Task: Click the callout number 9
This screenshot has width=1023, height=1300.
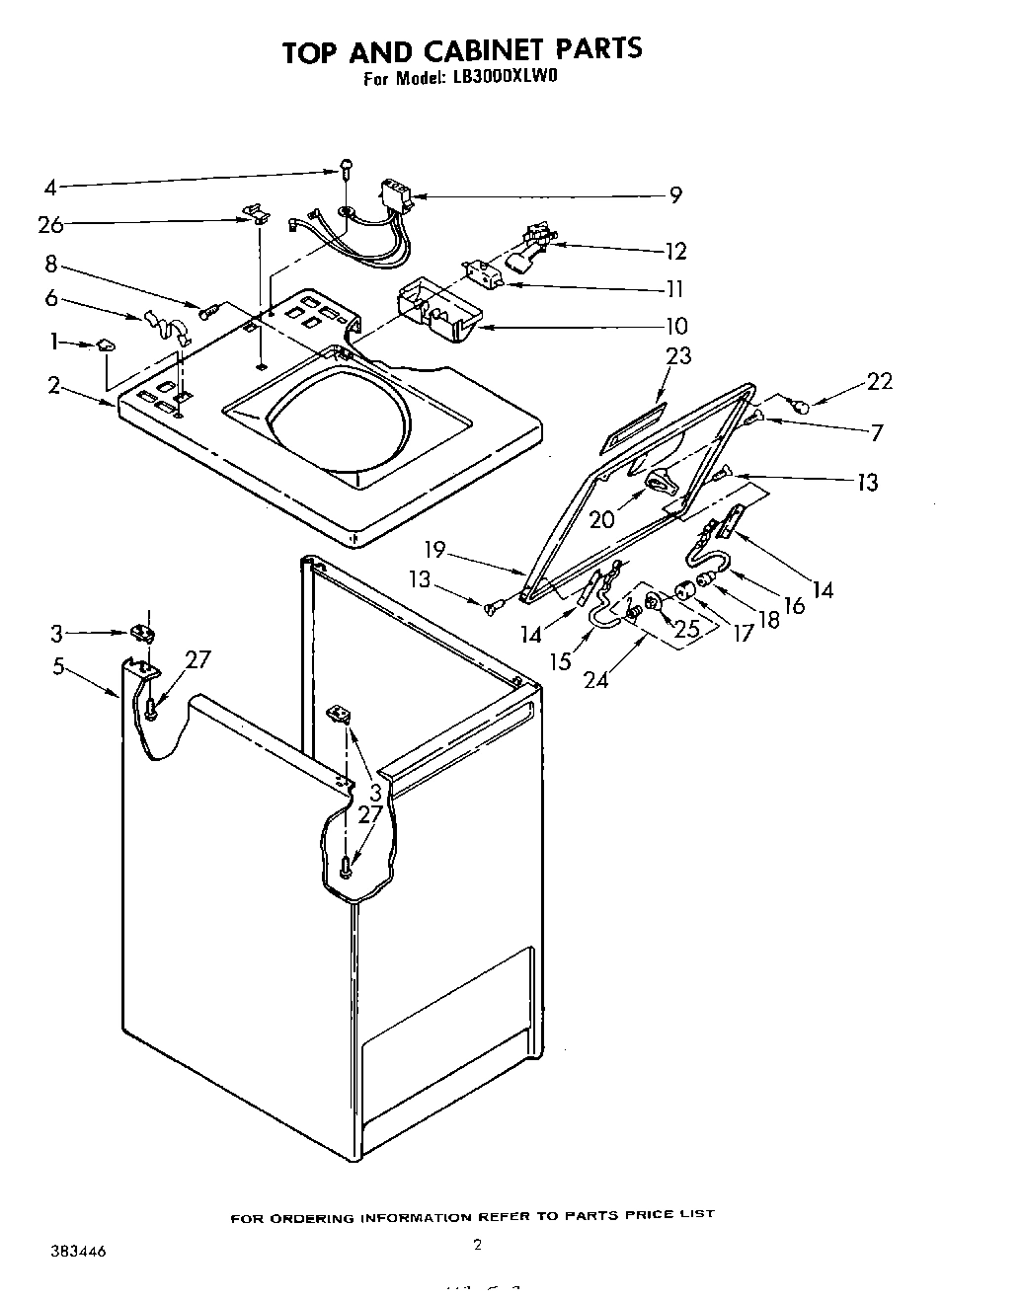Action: click(x=674, y=195)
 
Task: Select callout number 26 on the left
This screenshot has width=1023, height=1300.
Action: click(x=50, y=225)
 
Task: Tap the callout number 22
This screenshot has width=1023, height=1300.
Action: click(x=879, y=381)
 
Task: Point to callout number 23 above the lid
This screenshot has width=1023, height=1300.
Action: click(x=678, y=356)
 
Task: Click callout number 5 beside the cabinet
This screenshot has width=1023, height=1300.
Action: click(x=59, y=667)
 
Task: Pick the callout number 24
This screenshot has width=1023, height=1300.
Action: click(x=596, y=679)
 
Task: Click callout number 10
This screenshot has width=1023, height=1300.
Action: click(x=675, y=326)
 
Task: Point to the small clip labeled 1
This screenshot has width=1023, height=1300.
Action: click(x=106, y=344)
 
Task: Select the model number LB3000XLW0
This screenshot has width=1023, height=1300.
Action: click(x=500, y=80)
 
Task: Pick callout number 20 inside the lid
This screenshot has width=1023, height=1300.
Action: click(x=602, y=519)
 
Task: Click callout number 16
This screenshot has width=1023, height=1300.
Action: click(x=795, y=605)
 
